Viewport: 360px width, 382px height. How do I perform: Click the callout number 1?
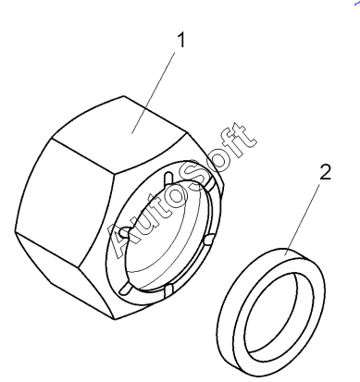click(181, 40)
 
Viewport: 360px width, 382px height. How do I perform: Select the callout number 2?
click(325, 172)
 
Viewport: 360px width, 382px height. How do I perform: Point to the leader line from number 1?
click(154, 92)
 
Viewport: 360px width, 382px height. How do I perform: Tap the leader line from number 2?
click(302, 220)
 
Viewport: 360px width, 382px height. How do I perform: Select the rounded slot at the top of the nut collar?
click(168, 179)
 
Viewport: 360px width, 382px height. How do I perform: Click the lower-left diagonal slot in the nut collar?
click(125, 289)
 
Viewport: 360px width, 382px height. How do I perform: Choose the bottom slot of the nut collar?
click(168, 291)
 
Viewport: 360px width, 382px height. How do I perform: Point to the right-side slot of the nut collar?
click(208, 239)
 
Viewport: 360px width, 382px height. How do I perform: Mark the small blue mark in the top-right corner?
click(356, 3)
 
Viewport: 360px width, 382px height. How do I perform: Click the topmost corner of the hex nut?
click(124, 96)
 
